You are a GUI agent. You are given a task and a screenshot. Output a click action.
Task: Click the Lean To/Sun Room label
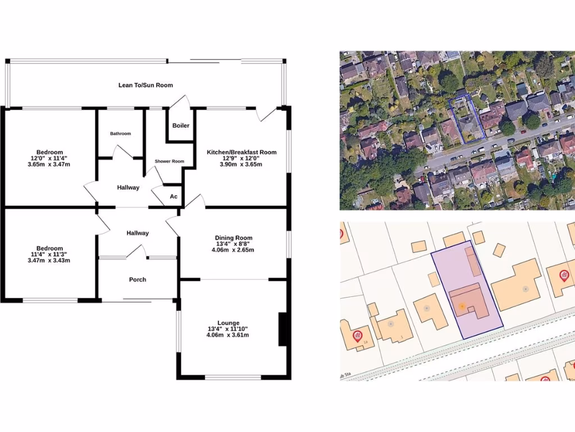(x=145, y=85)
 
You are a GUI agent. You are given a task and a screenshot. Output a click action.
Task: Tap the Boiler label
(x=181, y=125)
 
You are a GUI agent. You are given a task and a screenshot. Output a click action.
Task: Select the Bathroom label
(x=120, y=134)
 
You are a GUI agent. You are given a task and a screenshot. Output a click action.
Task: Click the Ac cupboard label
(x=174, y=196)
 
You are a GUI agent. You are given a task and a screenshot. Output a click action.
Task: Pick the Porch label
(x=138, y=280)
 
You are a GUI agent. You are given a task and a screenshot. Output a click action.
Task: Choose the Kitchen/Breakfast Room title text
(x=241, y=152)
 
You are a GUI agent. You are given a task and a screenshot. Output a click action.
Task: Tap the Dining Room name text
(x=233, y=238)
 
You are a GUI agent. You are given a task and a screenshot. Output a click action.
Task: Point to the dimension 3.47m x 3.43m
(x=49, y=260)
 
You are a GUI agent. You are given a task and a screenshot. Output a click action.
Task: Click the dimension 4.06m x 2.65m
(x=233, y=250)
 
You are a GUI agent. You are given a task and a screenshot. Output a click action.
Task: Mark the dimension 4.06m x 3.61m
(x=227, y=335)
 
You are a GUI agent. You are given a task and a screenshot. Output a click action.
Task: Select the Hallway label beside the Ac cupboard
(x=128, y=188)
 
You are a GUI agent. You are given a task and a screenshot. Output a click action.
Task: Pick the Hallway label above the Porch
(x=138, y=233)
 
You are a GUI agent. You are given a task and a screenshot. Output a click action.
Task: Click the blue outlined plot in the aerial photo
(x=464, y=120)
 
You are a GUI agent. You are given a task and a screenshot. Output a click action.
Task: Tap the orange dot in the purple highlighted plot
(x=462, y=306)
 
